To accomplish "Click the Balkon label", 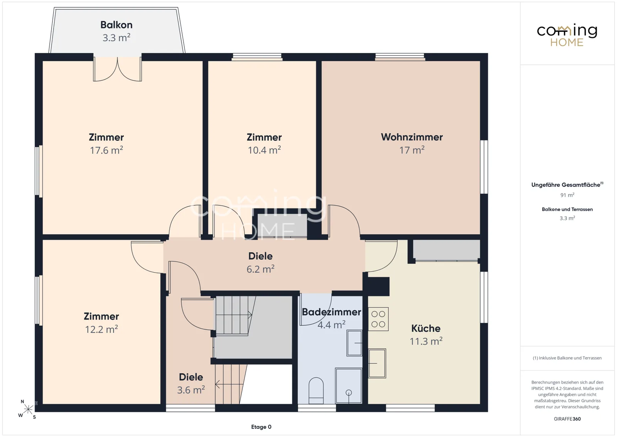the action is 116,25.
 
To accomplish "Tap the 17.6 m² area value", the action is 106,150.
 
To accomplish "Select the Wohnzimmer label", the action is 412,137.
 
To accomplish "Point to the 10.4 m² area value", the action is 264,150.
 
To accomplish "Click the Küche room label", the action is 426,329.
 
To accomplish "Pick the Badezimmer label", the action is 331,312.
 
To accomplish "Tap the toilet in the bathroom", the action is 316,390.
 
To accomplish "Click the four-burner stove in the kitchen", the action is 378,319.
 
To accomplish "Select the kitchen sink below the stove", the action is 377,363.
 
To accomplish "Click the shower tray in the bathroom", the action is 349,385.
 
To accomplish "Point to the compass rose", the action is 28,409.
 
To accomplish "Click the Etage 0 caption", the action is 261,427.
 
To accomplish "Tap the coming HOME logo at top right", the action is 567,35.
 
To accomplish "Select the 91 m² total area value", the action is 567,195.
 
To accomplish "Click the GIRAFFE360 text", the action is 567,419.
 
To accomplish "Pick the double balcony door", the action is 118,69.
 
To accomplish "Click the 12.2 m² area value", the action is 101,329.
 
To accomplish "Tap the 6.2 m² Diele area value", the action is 260,269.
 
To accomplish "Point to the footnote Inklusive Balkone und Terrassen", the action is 567,358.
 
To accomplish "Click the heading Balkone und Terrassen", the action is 567,209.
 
